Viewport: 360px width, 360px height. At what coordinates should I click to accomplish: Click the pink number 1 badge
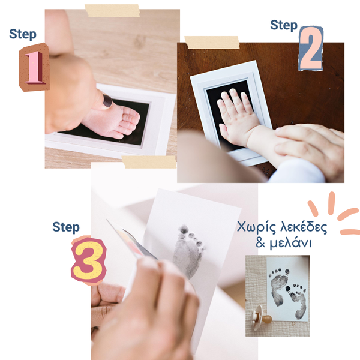click(x=34, y=67)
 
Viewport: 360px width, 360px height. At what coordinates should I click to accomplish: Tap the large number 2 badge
click(x=311, y=49)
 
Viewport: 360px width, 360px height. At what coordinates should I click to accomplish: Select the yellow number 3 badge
click(x=89, y=260)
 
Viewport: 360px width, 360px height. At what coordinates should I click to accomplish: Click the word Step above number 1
click(x=23, y=34)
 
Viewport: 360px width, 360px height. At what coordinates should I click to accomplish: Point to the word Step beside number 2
click(x=284, y=25)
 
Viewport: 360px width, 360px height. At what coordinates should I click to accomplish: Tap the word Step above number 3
click(x=66, y=227)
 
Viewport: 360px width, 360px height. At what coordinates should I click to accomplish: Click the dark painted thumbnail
click(x=107, y=101)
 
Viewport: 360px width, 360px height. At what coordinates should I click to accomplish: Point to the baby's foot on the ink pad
click(x=112, y=121)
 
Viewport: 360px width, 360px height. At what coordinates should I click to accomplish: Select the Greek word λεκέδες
click(x=304, y=227)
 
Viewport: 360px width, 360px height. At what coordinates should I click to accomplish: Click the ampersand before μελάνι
click(x=260, y=243)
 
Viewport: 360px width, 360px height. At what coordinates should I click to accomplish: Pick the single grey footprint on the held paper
click(x=188, y=251)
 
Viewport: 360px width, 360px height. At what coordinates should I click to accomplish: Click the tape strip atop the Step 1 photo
click(x=112, y=11)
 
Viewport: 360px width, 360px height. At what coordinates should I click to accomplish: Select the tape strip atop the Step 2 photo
click(x=212, y=42)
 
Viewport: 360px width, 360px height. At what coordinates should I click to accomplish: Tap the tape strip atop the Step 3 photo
click(x=149, y=162)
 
